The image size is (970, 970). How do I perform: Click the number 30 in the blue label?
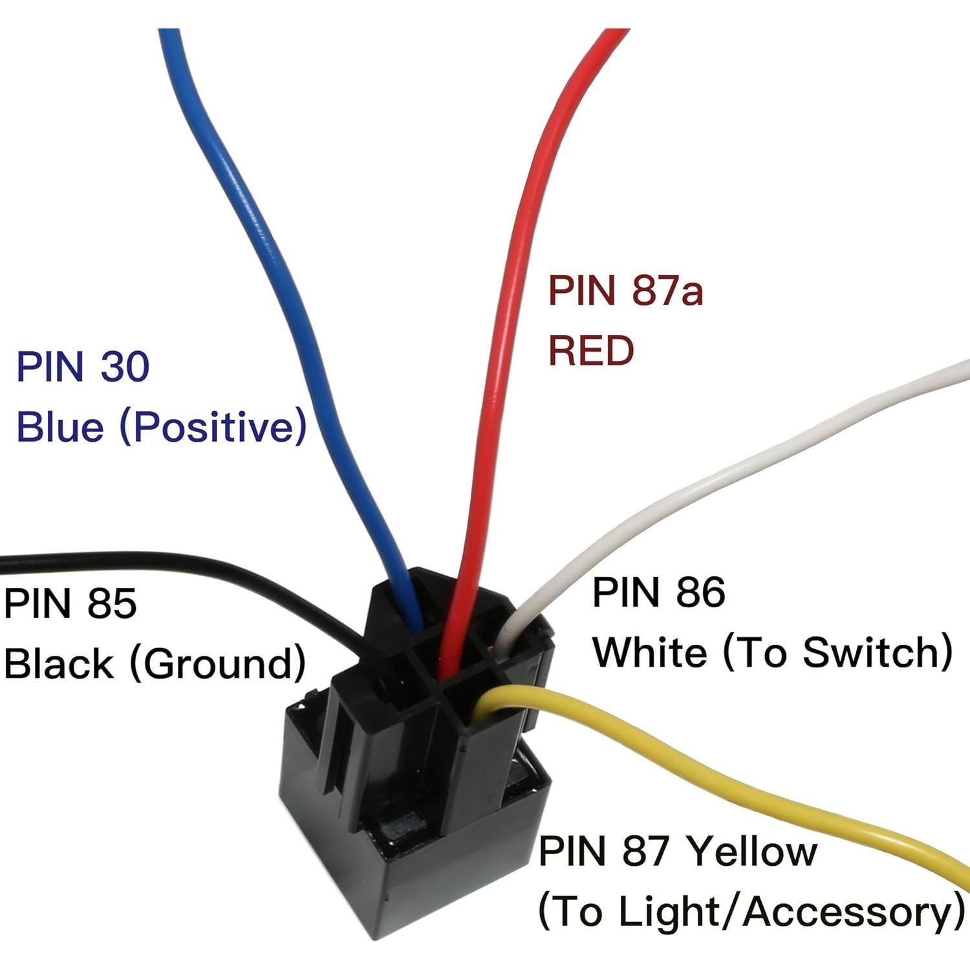click(x=125, y=367)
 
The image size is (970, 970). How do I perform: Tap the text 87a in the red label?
click(x=667, y=290)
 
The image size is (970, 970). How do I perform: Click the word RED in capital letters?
click(x=590, y=350)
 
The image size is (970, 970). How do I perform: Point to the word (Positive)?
click(x=213, y=427)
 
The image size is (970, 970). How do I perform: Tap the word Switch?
click(x=876, y=652)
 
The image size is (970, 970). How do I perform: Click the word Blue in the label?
click(x=59, y=427)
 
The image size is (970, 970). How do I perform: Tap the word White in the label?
click(x=650, y=652)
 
